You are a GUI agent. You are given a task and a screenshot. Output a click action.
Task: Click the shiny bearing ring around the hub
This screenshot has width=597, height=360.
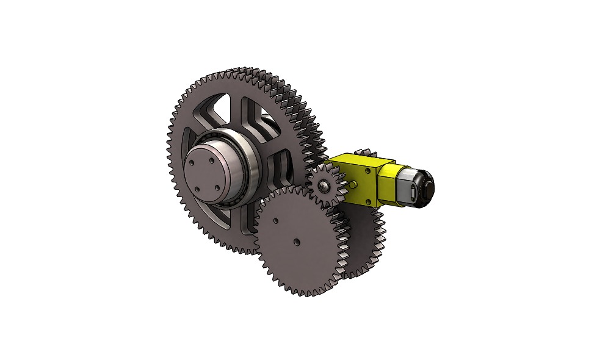click(x=249, y=168)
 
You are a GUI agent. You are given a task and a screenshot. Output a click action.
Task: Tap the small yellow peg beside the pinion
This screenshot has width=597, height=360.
click(x=354, y=182)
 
